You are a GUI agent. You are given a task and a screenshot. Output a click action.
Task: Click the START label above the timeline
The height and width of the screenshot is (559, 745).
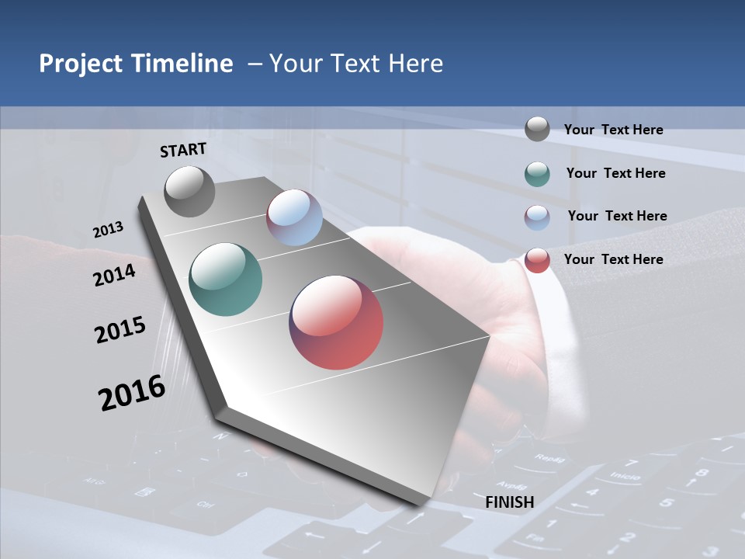(x=183, y=150)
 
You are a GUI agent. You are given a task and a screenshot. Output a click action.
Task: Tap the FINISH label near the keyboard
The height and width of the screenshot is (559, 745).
(x=510, y=502)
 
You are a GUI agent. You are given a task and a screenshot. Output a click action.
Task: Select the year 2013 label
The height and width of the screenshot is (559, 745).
(x=108, y=230)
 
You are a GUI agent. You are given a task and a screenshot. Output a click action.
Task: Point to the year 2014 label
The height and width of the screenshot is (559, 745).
(x=114, y=275)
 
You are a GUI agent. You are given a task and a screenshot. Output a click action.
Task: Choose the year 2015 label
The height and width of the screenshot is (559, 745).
(x=120, y=330)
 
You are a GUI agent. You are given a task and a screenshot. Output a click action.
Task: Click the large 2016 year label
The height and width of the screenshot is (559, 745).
(x=132, y=393)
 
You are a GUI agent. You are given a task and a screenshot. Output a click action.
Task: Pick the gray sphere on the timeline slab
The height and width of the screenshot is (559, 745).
(x=189, y=191)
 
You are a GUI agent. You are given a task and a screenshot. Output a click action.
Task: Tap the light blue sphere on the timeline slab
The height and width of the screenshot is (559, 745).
(x=294, y=217)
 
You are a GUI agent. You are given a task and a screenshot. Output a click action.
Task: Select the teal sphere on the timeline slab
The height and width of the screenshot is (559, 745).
(x=225, y=279)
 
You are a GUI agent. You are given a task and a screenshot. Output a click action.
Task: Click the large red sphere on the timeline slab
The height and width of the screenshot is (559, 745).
(x=336, y=322)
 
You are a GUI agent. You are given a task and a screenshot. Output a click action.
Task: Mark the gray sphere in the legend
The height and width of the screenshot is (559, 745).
(x=537, y=129)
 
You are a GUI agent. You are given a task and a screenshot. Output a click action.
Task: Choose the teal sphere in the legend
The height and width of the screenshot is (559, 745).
(x=537, y=174)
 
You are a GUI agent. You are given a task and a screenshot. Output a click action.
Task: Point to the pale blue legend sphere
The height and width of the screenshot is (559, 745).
(x=537, y=217)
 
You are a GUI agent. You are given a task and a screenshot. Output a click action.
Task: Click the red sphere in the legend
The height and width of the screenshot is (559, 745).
(x=537, y=260)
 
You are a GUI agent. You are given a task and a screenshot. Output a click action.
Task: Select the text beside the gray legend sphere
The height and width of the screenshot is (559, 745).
(x=614, y=130)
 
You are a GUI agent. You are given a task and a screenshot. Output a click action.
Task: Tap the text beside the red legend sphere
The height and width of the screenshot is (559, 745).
(x=614, y=259)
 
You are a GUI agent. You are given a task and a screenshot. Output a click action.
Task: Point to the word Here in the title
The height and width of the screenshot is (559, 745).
(x=416, y=64)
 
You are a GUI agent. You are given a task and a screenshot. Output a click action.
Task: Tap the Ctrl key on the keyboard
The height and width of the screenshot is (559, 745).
(x=205, y=505)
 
